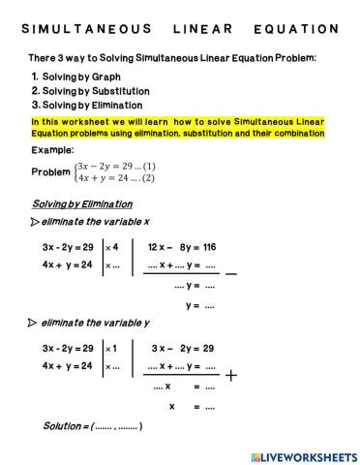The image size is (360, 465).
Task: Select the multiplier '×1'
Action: (111, 348)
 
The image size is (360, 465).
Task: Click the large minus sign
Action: (230, 274)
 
